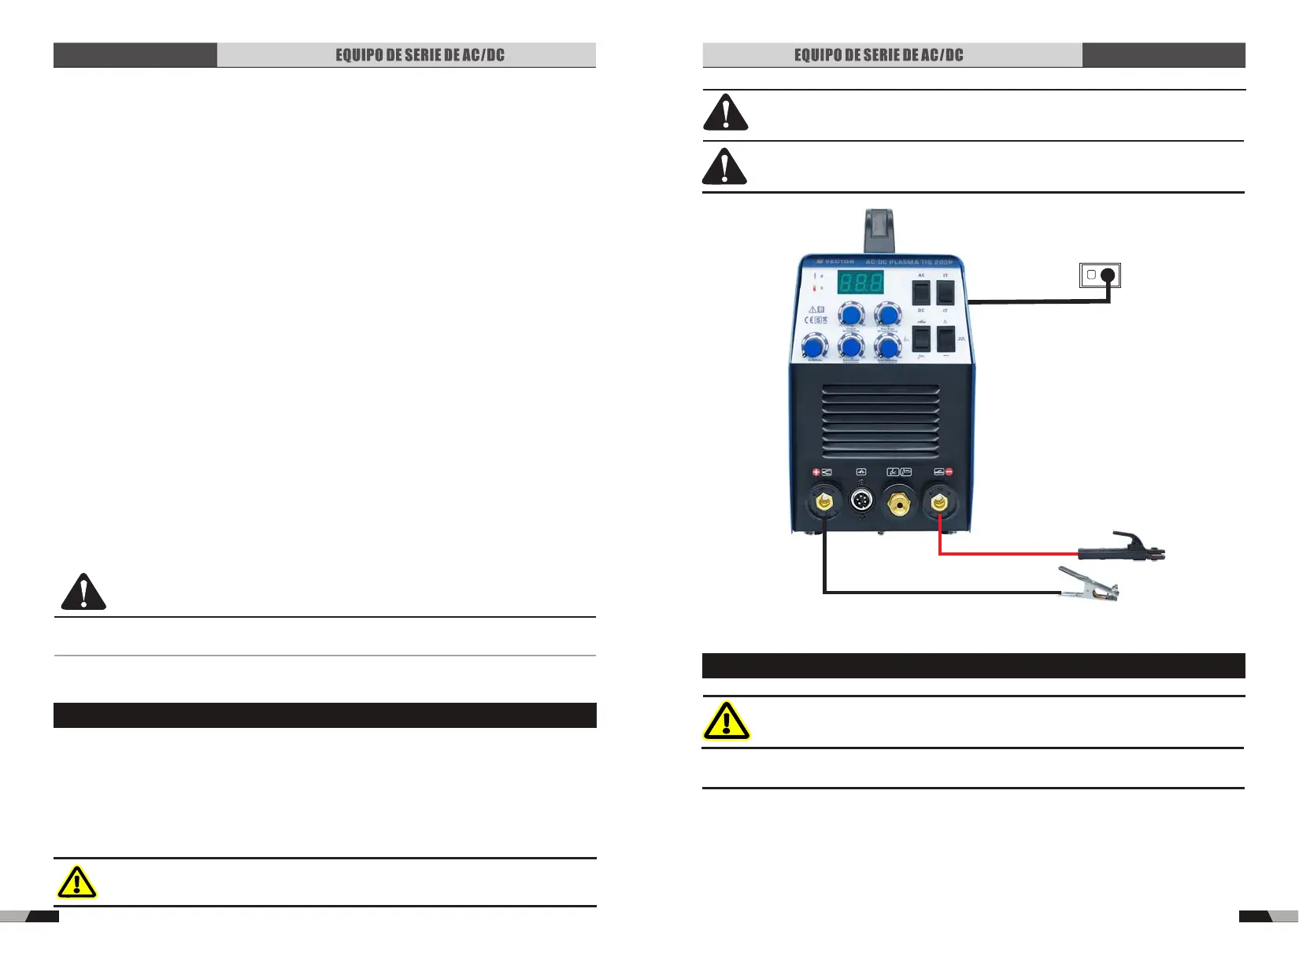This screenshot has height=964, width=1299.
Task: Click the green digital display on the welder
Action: click(x=860, y=282)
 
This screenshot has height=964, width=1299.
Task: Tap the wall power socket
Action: click(x=1100, y=275)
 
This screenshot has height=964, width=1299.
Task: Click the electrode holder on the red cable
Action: click(x=1122, y=548)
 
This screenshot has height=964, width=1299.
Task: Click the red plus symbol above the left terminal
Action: click(x=816, y=472)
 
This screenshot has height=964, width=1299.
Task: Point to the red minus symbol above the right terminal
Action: click(x=949, y=472)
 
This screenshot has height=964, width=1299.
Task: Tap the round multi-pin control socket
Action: click(x=861, y=500)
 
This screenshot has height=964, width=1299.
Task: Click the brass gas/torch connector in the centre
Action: click(x=899, y=500)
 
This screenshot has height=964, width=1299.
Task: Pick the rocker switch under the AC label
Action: click(x=921, y=293)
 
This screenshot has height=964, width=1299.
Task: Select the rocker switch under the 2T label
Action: click(x=946, y=293)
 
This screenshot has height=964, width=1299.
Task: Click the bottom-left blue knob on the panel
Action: click(x=814, y=346)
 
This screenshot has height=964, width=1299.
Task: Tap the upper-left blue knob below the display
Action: click(x=850, y=314)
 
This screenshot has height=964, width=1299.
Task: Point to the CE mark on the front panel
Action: click(x=809, y=320)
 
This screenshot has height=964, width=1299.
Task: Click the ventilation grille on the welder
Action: click(x=880, y=421)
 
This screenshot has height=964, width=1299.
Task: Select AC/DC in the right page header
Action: click(x=942, y=55)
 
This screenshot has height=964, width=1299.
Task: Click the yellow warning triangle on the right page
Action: click(x=726, y=721)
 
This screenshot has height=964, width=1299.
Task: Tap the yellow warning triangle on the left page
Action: click(x=77, y=882)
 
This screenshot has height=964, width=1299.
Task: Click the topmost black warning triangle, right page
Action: click(x=725, y=113)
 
